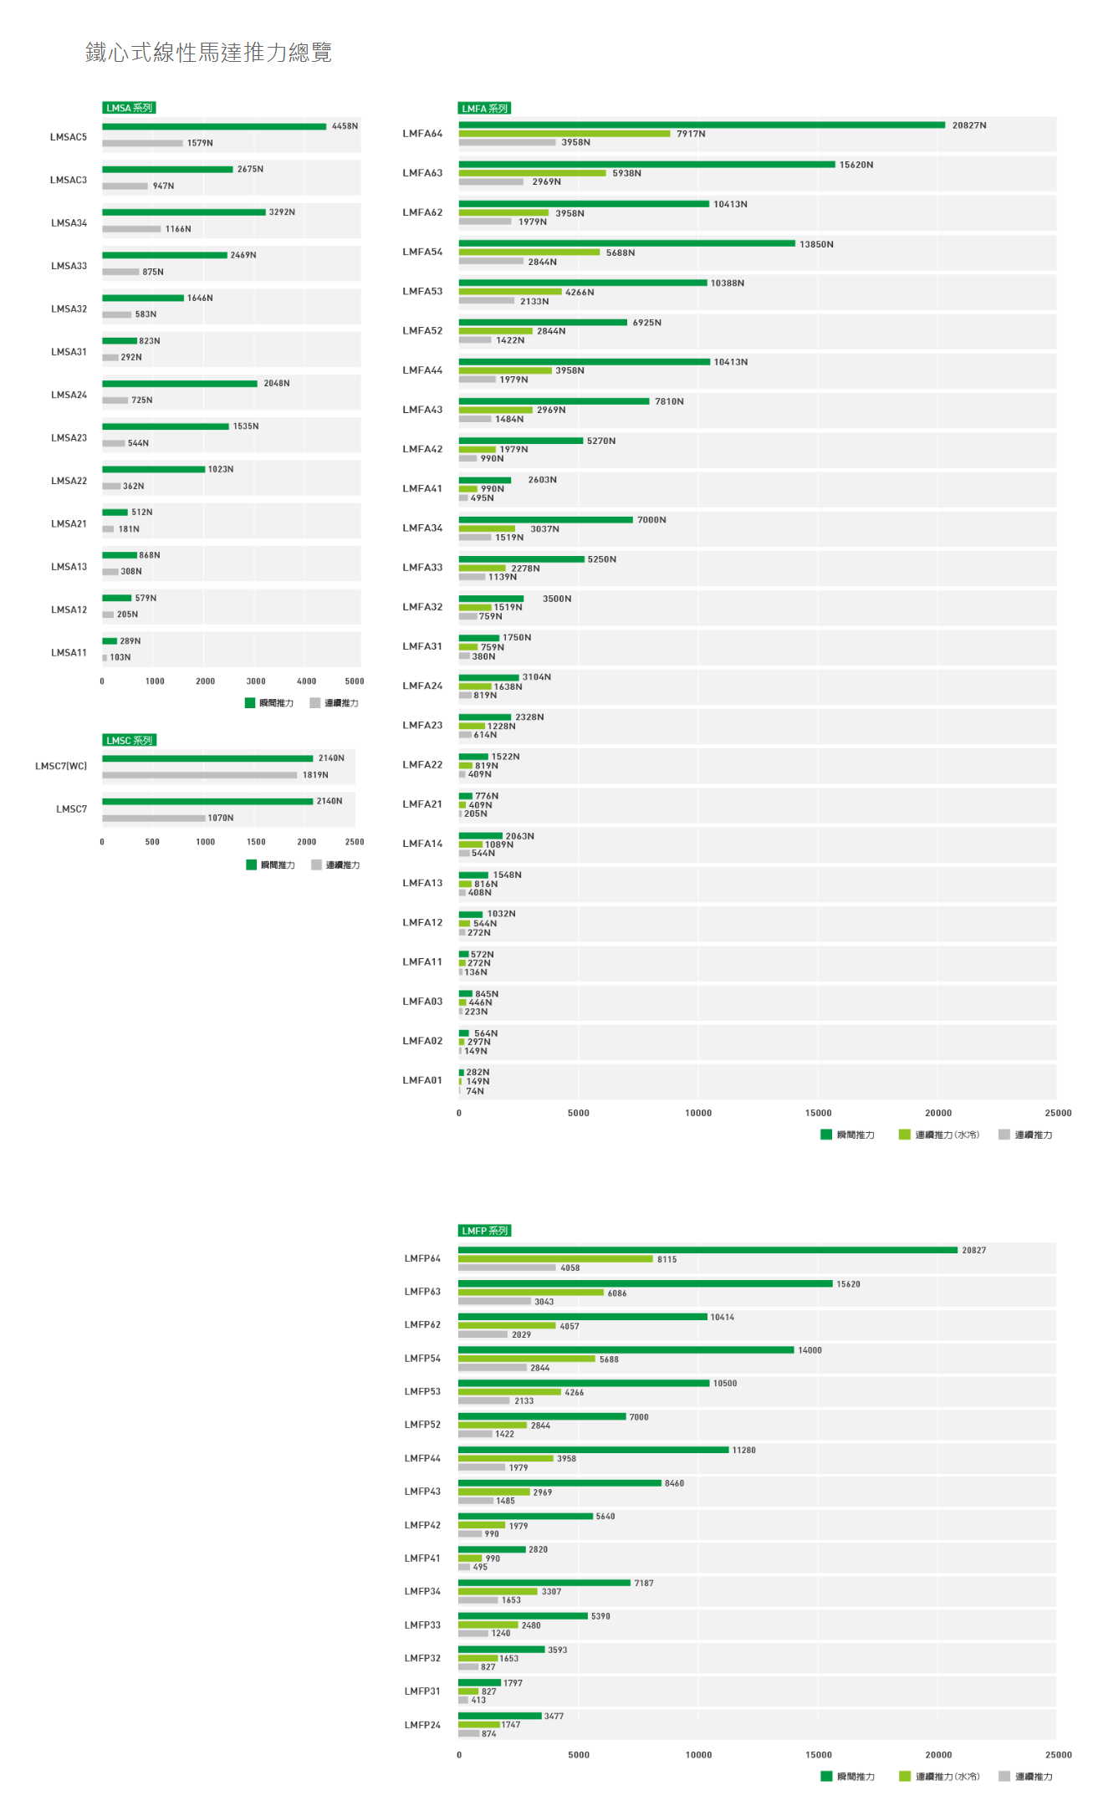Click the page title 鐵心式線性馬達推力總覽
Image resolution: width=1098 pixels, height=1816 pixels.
[208, 53]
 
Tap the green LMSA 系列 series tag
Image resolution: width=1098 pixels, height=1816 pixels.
[129, 108]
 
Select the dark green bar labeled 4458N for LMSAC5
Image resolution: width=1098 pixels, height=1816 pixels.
[214, 127]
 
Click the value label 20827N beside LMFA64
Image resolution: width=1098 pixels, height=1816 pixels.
[968, 125]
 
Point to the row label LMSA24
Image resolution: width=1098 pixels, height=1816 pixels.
[69, 395]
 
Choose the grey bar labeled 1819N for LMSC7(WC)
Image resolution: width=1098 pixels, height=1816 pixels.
[199, 775]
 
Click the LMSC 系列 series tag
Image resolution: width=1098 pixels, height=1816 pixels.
[129, 740]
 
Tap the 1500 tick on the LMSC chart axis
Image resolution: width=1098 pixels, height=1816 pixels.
[256, 842]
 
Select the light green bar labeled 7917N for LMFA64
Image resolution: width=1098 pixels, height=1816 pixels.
[564, 134]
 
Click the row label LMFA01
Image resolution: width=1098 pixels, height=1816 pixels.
[422, 1080]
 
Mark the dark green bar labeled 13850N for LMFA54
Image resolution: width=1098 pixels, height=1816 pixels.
[626, 244]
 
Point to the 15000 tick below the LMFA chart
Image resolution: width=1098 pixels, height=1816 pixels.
[818, 1113]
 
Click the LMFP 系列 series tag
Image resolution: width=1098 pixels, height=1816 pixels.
[484, 1231]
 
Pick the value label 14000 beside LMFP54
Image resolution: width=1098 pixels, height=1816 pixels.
[809, 1350]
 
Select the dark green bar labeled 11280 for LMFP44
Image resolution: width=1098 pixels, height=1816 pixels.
[593, 1450]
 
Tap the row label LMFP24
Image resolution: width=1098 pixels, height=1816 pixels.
[422, 1725]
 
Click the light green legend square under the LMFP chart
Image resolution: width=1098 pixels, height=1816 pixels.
[904, 1777]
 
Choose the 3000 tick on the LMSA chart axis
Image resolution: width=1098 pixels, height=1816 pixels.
[256, 681]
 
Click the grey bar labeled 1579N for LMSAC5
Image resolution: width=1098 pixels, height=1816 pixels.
[142, 143]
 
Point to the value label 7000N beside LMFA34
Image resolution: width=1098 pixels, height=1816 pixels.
[651, 520]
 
